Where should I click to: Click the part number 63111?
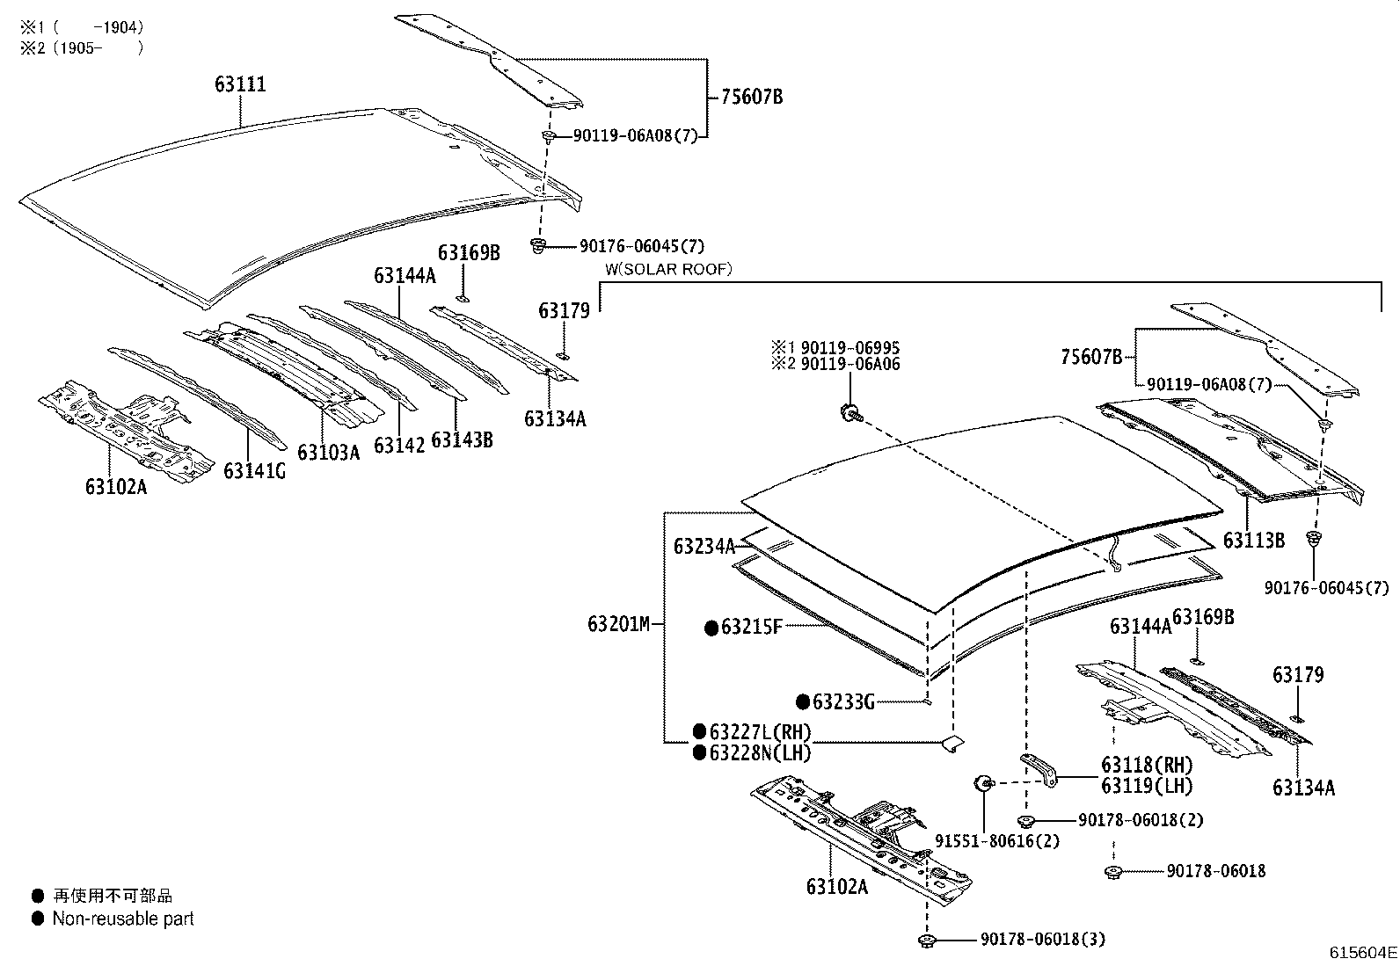(x=241, y=84)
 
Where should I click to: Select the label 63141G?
(x=254, y=471)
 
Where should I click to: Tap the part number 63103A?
(x=329, y=453)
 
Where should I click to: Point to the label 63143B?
(x=462, y=439)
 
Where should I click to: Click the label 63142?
(x=399, y=446)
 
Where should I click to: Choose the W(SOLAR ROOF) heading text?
(x=668, y=269)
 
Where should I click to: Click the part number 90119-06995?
(x=850, y=347)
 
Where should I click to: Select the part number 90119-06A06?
(x=850, y=364)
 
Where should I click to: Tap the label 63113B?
(x=1254, y=541)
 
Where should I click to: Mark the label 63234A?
(x=704, y=547)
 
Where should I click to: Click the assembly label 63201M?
(x=619, y=624)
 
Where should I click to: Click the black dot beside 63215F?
(x=711, y=628)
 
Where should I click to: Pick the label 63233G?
(x=843, y=702)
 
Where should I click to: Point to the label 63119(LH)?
(x=1147, y=786)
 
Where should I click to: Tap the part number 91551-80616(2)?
(x=997, y=841)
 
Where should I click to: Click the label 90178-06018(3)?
(x=1042, y=939)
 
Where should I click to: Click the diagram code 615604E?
(x=1363, y=952)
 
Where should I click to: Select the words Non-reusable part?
(x=123, y=919)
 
